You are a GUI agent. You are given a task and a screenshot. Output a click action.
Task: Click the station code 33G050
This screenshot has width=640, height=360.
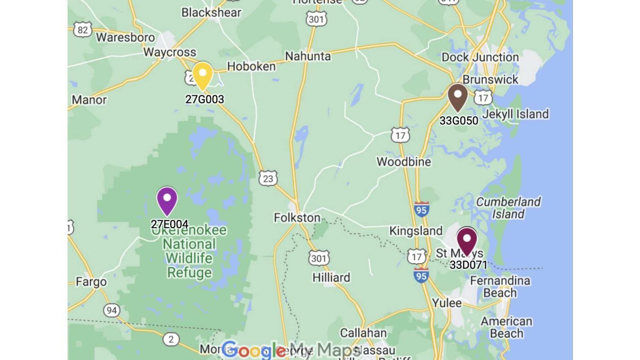click(459, 121)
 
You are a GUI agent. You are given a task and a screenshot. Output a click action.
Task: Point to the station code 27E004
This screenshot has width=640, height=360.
click(169, 224)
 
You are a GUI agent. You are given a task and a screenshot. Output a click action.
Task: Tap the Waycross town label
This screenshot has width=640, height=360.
click(169, 52)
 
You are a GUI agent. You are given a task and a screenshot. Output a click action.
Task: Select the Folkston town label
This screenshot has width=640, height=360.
click(297, 218)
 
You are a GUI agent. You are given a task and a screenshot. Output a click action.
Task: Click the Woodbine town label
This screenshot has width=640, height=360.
click(404, 162)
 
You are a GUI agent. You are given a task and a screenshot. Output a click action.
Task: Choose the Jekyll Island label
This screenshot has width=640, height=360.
click(515, 114)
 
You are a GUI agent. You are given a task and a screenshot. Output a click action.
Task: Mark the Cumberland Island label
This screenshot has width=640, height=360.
click(508, 208)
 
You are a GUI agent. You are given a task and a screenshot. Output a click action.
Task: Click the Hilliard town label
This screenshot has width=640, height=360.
click(331, 278)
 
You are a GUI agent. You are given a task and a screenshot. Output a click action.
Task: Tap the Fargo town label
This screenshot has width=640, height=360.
click(91, 282)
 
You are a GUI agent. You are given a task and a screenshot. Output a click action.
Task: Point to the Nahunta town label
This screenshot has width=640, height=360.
click(308, 56)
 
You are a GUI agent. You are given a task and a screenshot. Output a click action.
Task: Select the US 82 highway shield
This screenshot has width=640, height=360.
click(82, 30)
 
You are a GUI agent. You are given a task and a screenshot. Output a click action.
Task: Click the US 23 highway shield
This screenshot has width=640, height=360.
click(268, 178)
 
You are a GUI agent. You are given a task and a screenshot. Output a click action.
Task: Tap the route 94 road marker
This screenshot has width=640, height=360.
click(111, 310)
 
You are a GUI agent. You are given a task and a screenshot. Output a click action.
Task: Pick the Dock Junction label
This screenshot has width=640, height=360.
click(480, 57)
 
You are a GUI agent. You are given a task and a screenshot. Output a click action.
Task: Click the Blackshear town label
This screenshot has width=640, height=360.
click(211, 12)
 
